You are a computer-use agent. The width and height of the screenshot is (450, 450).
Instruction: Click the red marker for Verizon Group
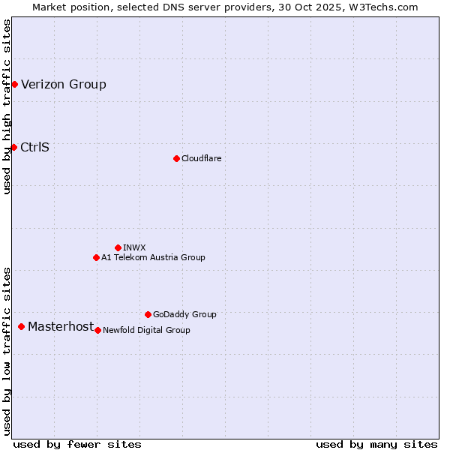(14, 84)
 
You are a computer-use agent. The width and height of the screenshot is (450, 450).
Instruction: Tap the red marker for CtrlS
(13, 147)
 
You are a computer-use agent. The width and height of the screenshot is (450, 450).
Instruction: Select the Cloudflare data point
(176, 158)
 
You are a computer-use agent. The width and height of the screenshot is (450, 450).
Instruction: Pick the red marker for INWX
(118, 247)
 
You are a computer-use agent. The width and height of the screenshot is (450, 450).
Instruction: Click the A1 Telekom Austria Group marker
(96, 257)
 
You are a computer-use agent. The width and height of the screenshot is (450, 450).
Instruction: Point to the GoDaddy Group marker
(148, 314)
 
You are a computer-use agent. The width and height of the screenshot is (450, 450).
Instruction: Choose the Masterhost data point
(21, 326)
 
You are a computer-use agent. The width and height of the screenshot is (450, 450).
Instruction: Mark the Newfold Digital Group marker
(97, 330)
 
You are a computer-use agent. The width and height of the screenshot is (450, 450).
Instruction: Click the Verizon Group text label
(64, 84)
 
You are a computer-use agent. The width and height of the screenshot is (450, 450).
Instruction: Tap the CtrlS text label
(35, 147)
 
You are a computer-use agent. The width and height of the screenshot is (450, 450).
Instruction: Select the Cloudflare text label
(201, 158)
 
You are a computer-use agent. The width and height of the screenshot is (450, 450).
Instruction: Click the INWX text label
(134, 247)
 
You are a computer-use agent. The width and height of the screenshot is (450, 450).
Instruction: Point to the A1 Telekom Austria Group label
(153, 257)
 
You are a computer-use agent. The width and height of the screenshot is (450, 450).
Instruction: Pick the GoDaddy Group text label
(184, 314)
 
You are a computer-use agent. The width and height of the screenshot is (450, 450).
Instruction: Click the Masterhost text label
(61, 326)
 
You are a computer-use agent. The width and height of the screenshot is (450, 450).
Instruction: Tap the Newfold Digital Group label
(146, 330)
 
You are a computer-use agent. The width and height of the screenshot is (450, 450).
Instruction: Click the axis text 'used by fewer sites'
(77, 444)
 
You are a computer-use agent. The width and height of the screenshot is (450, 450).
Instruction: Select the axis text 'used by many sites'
(376, 444)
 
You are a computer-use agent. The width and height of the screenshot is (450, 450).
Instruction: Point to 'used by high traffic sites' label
(7, 106)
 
